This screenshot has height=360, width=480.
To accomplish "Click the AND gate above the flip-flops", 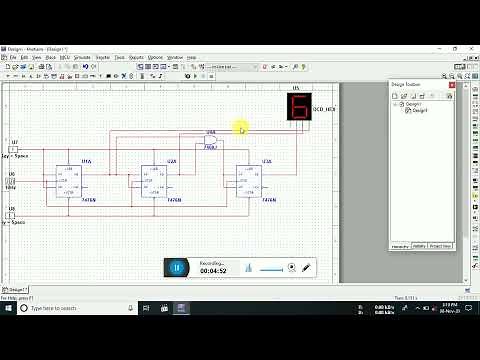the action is pos(211,139).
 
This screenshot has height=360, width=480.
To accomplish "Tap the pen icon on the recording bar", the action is pos(306,267).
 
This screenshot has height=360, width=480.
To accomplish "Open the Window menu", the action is pos(174,58).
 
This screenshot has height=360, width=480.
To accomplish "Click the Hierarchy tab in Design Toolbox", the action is pos(399,245).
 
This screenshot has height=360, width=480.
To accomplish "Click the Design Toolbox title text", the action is pos(408,85).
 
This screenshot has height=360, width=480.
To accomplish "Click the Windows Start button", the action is pos(8,307).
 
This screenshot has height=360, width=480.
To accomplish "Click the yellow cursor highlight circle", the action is pos(242,127).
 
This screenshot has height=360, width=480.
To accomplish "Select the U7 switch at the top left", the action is pos(12,150).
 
